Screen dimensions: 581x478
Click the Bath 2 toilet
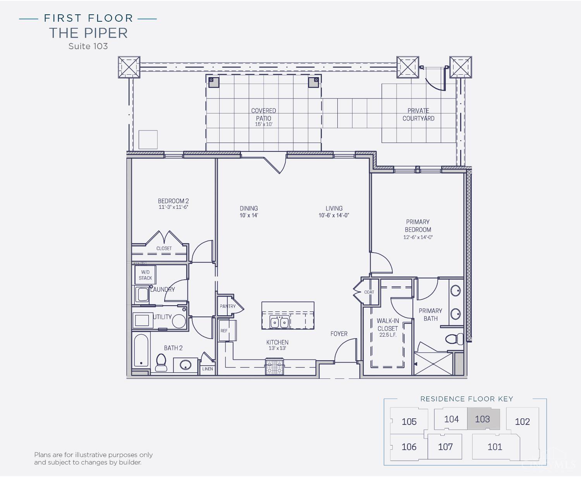162,362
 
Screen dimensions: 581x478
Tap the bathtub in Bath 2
141,351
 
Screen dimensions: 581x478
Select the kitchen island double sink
280,322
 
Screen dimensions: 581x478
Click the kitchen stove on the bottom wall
274,366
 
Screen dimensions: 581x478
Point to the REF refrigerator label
224,330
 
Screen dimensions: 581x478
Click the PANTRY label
227,306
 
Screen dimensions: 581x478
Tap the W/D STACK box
145,275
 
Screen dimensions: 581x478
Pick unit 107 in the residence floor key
445,447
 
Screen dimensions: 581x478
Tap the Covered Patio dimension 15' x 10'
264,124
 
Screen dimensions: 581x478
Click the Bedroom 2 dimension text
173,207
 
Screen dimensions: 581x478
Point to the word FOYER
339,334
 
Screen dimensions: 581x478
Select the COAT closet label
369,292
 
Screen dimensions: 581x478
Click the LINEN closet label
208,369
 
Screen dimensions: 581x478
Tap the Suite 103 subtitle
88,46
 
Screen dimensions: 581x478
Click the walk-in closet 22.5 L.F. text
388,335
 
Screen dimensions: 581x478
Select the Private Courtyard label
418,115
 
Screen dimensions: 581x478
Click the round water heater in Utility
179,321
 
